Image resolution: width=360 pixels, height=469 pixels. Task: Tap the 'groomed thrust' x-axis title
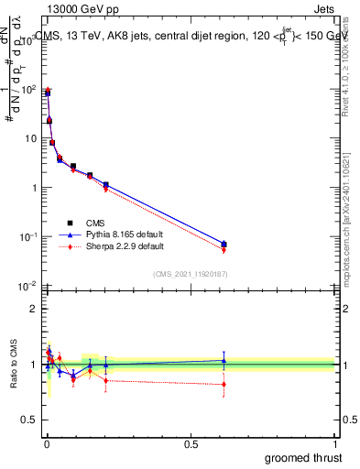(x=302, y=456)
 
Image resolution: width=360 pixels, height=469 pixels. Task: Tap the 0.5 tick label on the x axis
(x=191, y=443)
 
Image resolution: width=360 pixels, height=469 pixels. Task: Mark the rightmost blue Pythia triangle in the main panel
(x=224, y=244)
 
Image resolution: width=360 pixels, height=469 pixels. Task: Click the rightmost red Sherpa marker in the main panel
(x=224, y=250)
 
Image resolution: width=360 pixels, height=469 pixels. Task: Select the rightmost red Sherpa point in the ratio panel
(x=224, y=384)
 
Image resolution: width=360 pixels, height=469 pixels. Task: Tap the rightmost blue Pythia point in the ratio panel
(x=224, y=360)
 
